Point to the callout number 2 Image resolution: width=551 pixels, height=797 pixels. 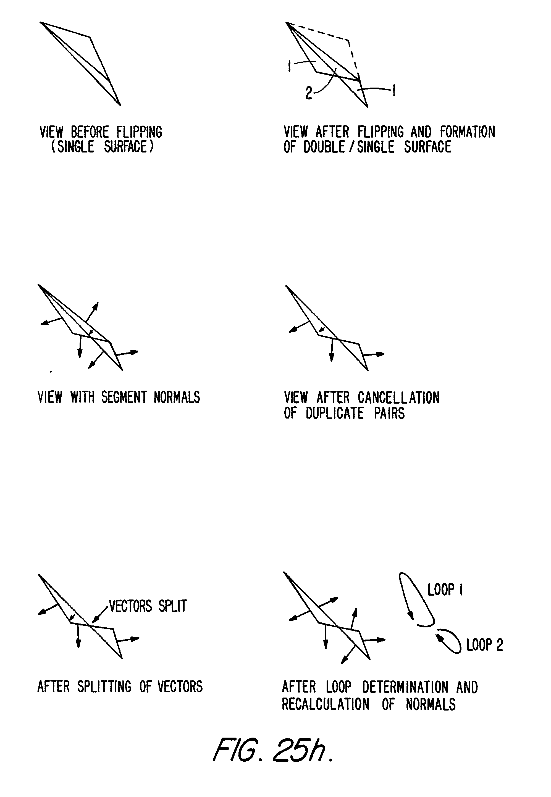pyautogui.click(x=309, y=93)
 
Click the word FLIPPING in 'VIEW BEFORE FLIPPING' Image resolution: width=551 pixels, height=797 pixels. pyautogui.click(x=139, y=132)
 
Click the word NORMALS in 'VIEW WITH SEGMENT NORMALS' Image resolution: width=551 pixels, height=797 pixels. pyautogui.click(x=177, y=397)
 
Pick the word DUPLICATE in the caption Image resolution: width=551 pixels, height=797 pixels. pyautogui.click(x=335, y=413)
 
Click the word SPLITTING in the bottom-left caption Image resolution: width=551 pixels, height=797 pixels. pyautogui.click(x=104, y=686)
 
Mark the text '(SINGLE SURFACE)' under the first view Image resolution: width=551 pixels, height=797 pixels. pyautogui.click(x=102, y=147)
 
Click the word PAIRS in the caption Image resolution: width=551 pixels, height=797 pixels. pyautogui.click(x=389, y=413)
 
